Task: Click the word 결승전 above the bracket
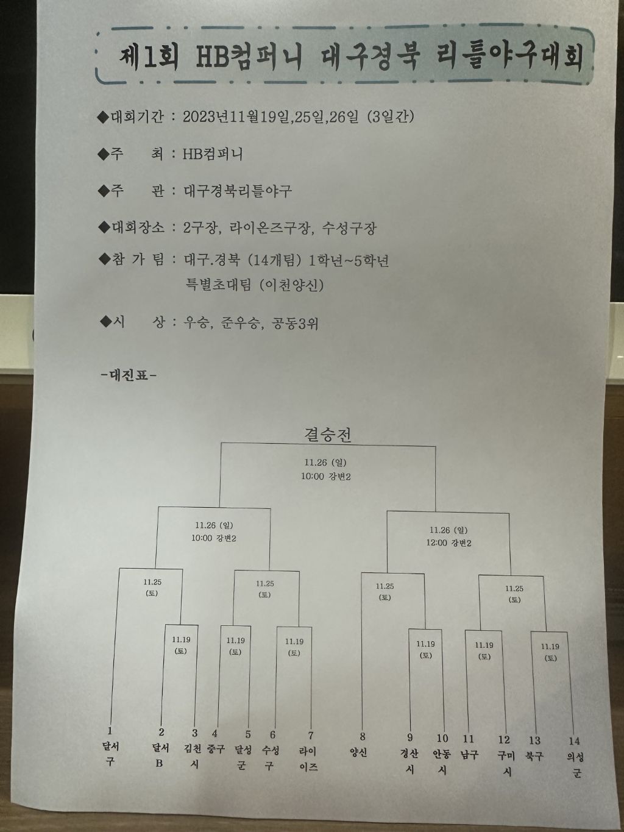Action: (x=328, y=434)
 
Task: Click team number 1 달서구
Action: (x=110, y=753)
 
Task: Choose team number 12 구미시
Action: (x=505, y=756)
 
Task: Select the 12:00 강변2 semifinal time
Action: (x=448, y=542)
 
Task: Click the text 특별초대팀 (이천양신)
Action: (x=254, y=284)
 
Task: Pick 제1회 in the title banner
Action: (x=151, y=58)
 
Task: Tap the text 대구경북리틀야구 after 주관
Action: (x=238, y=191)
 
